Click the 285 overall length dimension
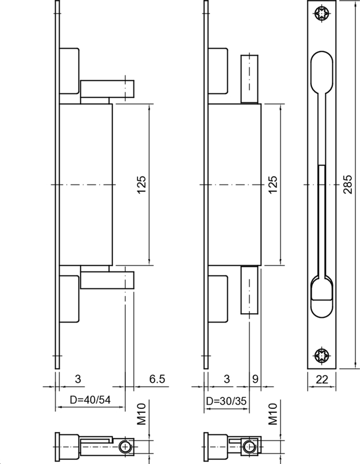[x=347, y=184]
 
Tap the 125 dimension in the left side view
[x=142, y=184]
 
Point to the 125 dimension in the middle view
[x=274, y=184]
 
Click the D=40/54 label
[x=90, y=401]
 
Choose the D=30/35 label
[x=229, y=401]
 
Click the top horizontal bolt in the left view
[x=107, y=89]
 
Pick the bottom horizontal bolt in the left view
[x=107, y=280]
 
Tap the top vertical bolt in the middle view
[x=249, y=78]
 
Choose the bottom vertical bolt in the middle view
[x=249, y=290]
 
